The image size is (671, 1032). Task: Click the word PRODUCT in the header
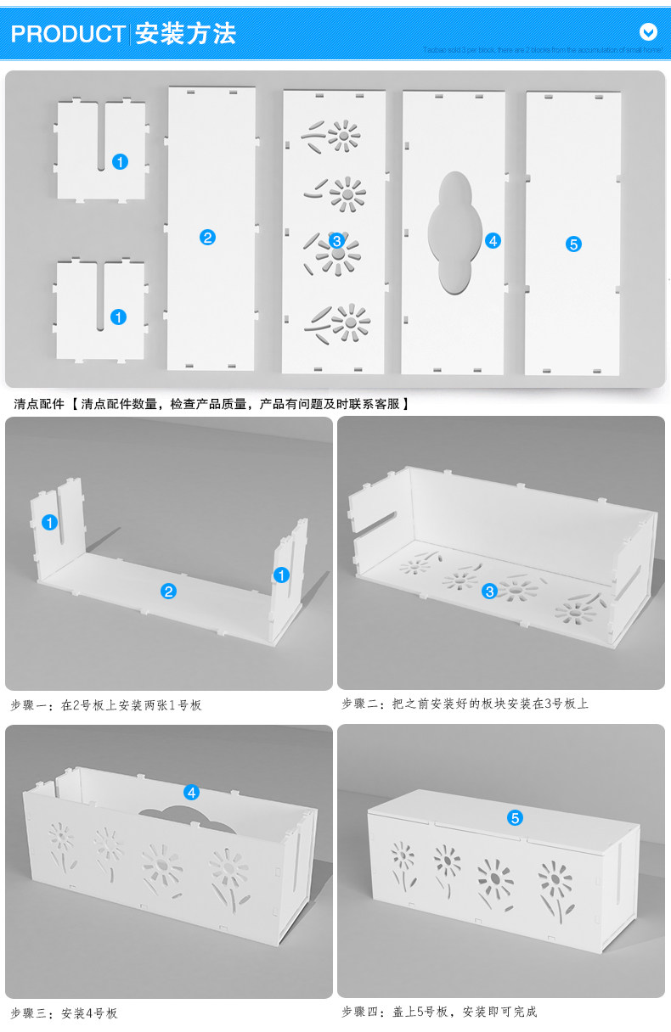(x=68, y=34)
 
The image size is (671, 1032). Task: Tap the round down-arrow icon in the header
(x=648, y=32)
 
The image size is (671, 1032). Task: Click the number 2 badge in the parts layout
(x=207, y=238)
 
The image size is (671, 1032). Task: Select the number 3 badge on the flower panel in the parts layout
(x=336, y=241)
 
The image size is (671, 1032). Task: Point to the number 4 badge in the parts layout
(x=493, y=241)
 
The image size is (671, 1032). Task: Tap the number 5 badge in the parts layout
(x=573, y=244)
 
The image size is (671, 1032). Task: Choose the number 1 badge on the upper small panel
(x=120, y=161)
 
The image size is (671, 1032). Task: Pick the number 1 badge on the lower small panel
(x=119, y=317)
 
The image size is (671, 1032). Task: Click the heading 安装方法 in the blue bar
(x=185, y=34)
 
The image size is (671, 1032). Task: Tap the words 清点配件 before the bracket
(x=39, y=404)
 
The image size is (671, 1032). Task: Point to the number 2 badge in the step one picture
(x=169, y=592)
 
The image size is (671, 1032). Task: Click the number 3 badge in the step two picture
(x=489, y=592)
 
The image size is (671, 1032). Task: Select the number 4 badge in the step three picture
(x=192, y=793)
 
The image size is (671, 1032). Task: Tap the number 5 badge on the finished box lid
(x=515, y=818)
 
